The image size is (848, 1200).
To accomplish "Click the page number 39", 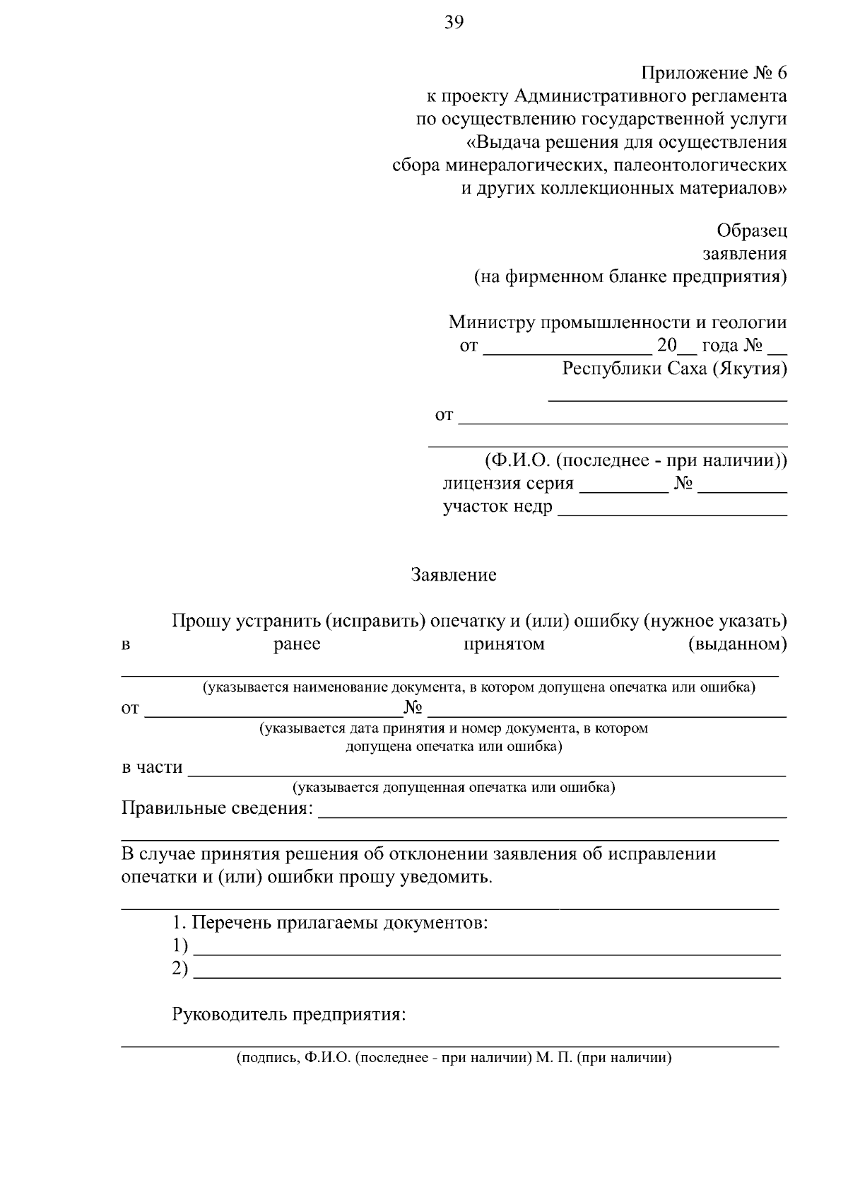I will (x=454, y=23).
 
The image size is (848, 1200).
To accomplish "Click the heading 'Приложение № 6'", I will (x=714, y=73).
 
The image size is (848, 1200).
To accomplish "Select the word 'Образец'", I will (x=751, y=231).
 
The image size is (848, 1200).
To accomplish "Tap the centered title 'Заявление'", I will (x=454, y=575).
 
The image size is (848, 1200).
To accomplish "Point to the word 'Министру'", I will (x=492, y=323).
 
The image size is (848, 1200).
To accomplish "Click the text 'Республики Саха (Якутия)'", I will (x=674, y=369).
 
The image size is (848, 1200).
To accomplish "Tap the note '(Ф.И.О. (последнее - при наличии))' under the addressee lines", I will (x=635, y=461).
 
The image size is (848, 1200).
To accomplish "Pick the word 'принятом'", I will (x=504, y=644).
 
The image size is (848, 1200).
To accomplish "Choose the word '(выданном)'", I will (x=737, y=644).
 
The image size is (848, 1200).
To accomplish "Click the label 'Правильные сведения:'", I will (x=217, y=808).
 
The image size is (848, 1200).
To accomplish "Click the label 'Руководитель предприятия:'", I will (x=289, y=1015).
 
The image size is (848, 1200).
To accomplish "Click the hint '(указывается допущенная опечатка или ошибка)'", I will (x=453, y=787).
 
